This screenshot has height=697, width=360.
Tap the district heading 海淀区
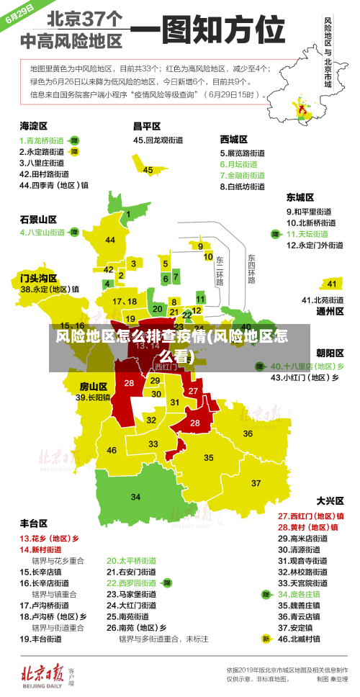[x=34, y=126]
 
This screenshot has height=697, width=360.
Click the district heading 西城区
[x=233, y=139]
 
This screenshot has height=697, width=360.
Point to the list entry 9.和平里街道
[x=309, y=212]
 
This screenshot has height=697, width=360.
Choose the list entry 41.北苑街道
[x=322, y=300]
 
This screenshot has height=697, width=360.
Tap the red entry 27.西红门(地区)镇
[x=310, y=516]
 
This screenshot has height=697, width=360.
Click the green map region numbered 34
[x=135, y=497]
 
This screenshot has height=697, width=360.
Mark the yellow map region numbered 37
[x=256, y=482]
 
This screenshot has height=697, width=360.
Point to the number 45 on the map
[x=148, y=170]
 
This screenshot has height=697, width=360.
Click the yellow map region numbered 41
[x=330, y=284]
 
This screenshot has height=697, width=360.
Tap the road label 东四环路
[x=251, y=268]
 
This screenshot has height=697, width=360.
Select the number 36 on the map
[x=248, y=433]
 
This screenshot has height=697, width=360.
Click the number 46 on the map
[x=112, y=450]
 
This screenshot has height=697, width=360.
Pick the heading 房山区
[x=93, y=386]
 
